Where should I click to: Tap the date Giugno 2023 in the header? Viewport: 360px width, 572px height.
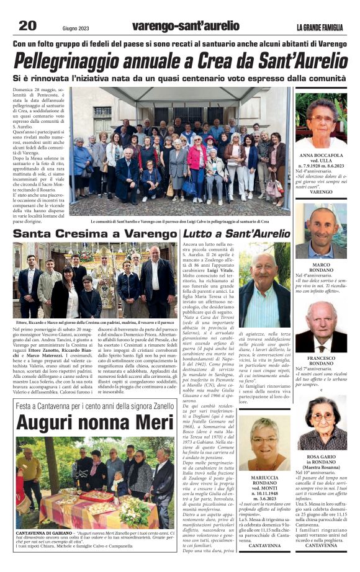pyautogui.click(x=78, y=27)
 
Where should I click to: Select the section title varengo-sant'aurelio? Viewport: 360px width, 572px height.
pyautogui.click(x=186, y=26)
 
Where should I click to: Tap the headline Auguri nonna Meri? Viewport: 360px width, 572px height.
pyautogui.click(x=86, y=422)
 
